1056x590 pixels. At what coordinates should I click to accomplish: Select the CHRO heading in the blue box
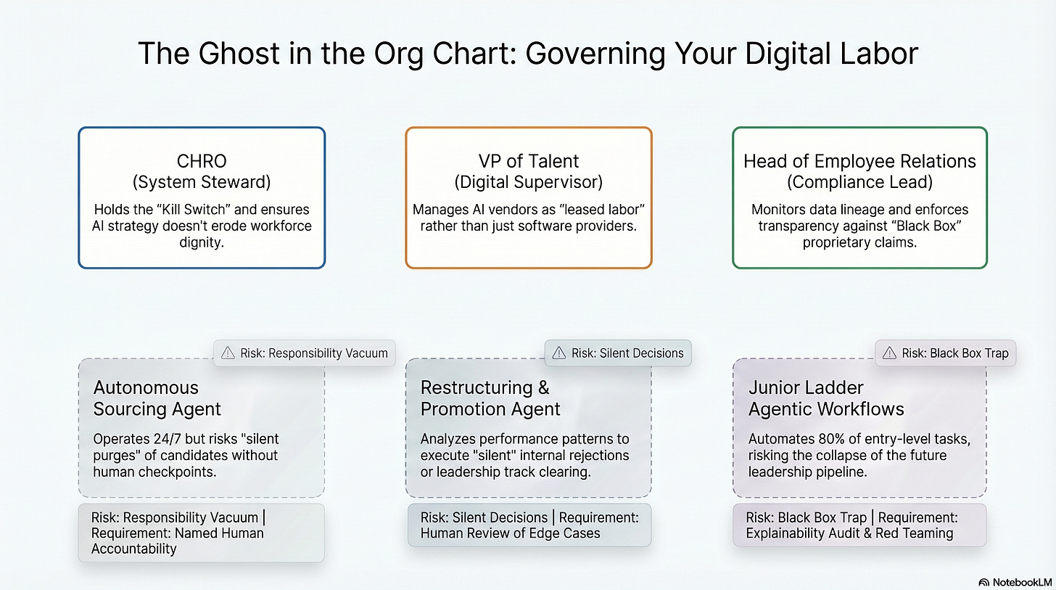click(202, 161)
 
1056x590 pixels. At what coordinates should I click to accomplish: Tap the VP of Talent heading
click(528, 161)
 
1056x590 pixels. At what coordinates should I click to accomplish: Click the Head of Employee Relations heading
click(859, 161)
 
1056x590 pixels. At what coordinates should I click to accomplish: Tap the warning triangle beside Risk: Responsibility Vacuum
click(228, 353)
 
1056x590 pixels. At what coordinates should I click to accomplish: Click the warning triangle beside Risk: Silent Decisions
click(558, 353)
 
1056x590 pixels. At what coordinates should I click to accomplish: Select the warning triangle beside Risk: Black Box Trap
click(889, 353)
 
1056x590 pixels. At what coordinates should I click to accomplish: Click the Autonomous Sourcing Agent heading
click(157, 398)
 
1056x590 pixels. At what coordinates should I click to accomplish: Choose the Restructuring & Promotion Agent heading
click(490, 398)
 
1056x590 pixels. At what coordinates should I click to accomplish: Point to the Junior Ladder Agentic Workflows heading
click(826, 398)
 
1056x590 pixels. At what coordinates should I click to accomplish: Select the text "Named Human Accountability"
click(177, 541)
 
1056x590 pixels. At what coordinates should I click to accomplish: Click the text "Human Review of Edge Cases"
click(511, 533)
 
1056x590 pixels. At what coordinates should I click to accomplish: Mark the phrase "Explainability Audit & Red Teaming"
click(849, 533)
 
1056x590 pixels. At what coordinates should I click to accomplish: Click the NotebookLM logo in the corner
click(1013, 582)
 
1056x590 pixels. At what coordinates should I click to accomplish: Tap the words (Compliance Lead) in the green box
click(859, 181)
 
